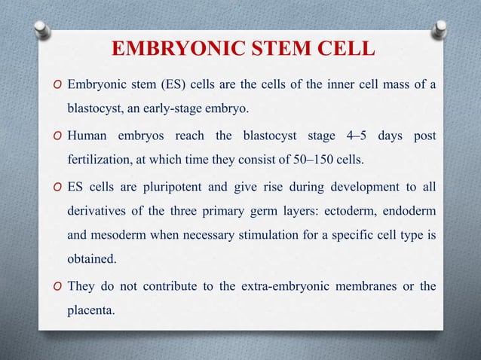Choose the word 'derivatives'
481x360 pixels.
pyautogui.click(x=97, y=212)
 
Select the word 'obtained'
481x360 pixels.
pyautogui.click(x=91, y=261)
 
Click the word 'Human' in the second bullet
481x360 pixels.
pyautogui.click(x=87, y=136)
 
